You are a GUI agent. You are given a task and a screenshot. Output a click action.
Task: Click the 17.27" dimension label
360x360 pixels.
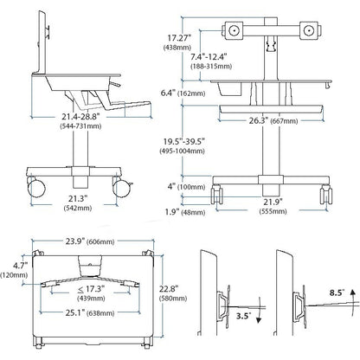tap(179, 38)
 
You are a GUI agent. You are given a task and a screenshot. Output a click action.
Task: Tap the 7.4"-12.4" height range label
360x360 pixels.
tap(209, 56)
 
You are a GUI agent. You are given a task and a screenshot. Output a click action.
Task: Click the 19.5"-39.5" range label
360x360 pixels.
tap(184, 142)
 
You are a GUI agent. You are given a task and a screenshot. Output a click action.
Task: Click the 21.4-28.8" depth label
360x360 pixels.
tap(80, 117)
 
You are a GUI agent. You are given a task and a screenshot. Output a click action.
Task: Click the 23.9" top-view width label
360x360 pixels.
tap(75, 241)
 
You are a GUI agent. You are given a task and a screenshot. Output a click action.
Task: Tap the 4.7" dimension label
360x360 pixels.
tap(20, 265)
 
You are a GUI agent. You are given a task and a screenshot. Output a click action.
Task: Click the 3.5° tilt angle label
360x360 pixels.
tap(242, 316)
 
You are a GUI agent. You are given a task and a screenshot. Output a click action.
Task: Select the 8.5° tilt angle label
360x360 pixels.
tap(337, 292)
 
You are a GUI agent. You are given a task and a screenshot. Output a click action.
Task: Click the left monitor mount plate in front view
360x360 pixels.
tap(235, 30)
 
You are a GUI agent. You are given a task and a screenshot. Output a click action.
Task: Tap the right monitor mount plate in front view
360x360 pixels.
tap(309, 30)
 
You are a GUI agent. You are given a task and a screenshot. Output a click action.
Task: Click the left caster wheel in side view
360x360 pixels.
tap(36, 188)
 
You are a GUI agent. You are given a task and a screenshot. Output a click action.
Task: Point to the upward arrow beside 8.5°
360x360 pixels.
tap(352, 299)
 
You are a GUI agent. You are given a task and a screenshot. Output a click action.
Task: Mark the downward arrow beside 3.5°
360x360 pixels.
tap(258, 311)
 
